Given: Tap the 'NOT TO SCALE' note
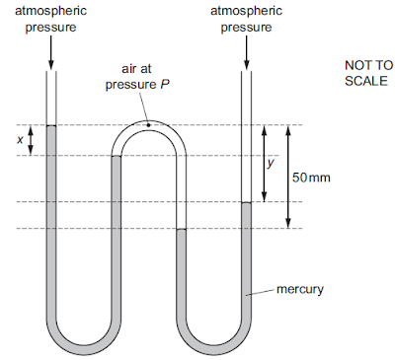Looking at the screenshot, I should point(367,72).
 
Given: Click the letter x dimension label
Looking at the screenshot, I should point(21,140).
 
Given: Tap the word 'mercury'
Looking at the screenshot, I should point(300,290).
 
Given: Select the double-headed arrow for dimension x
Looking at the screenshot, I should point(32,140).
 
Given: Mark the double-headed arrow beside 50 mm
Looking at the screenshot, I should point(286,177).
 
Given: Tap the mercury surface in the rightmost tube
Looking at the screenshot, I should point(247,202).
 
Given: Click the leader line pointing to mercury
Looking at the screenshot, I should point(265,292).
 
